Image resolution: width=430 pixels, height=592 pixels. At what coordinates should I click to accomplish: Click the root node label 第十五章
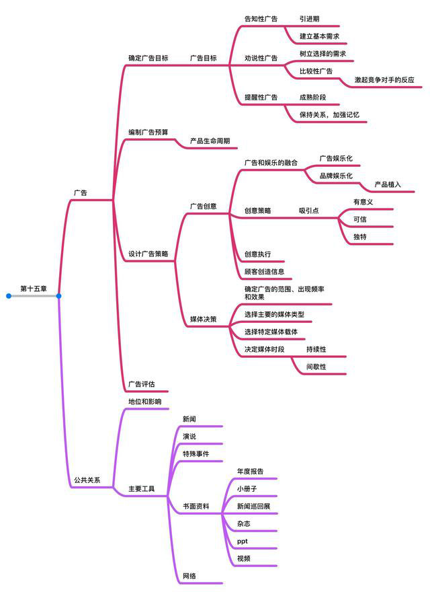click(34, 289)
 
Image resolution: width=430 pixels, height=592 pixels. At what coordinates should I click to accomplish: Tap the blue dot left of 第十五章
click(9, 296)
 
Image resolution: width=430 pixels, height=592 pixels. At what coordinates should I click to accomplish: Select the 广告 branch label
click(81, 192)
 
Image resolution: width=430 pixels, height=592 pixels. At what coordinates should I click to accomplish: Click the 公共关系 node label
click(87, 480)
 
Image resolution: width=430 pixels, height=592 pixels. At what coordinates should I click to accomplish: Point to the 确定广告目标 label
click(148, 58)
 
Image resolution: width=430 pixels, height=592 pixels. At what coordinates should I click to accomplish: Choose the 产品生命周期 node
click(210, 141)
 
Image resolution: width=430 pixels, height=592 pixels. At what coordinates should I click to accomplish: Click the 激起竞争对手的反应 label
click(384, 79)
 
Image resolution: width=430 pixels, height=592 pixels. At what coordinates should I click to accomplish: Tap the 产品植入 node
click(388, 184)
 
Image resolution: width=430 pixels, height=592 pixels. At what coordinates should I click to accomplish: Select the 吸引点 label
click(309, 211)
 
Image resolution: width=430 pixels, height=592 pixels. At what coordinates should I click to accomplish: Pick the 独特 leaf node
click(360, 237)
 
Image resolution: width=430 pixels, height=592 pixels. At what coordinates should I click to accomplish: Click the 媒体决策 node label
click(204, 319)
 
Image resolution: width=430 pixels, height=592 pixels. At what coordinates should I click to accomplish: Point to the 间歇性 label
click(316, 366)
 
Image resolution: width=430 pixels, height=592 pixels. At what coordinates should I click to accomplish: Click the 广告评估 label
click(142, 384)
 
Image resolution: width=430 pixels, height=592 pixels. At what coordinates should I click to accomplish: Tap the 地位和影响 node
click(145, 402)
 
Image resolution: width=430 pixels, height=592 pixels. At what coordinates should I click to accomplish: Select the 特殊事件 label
click(196, 453)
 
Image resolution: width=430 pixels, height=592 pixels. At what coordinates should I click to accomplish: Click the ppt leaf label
click(242, 542)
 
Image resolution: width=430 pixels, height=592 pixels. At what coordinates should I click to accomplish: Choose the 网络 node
click(189, 576)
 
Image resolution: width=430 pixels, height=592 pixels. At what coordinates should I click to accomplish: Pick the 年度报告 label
click(250, 471)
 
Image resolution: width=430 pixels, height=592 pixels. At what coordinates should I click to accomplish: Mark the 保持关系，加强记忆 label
click(329, 114)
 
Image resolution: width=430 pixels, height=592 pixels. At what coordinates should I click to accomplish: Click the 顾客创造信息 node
click(264, 272)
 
